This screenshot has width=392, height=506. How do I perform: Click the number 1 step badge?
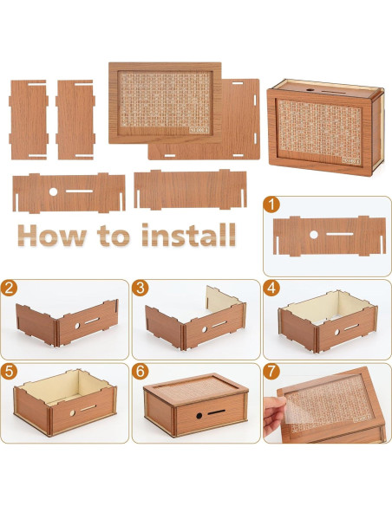pos(273,206)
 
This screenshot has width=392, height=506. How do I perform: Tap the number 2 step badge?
pos(11,289)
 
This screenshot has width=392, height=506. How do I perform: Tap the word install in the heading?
pos(187,234)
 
